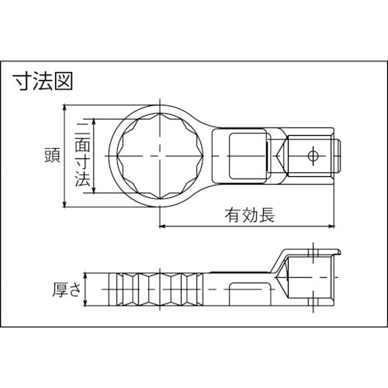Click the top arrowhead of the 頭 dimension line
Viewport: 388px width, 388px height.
click(x=64, y=106)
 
